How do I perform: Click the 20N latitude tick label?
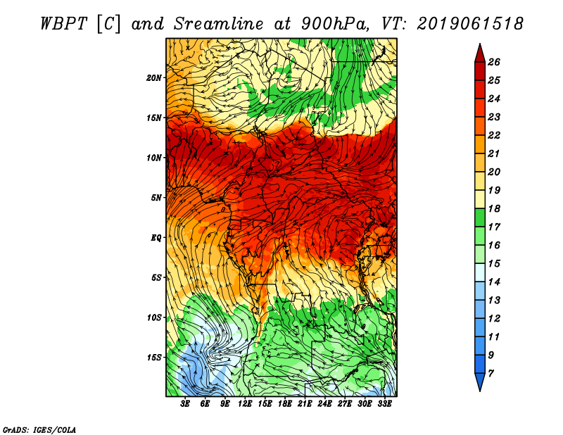tap(153, 78)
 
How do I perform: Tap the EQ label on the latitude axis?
tap(156, 238)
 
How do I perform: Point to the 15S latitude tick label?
tap(153, 358)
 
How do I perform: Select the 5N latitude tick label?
tap(156, 198)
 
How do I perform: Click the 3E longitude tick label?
tap(185, 404)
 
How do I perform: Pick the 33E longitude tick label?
tap(384, 404)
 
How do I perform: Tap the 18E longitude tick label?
tap(285, 404)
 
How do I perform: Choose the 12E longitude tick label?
tap(245, 404)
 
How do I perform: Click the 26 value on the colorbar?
tap(494, 62)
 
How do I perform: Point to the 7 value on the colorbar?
tap(491, 374)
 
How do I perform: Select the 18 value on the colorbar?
tap(494, 208)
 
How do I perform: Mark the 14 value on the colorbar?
tap(494, 282)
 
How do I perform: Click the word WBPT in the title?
tap(63, 24)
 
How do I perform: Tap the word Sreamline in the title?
tap(219, 24)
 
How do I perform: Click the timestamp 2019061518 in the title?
tap(470, 24)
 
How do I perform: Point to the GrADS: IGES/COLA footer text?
tap(39, 429)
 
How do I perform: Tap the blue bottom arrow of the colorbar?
tap(480, 382)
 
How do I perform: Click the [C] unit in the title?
tap(108, 24)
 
